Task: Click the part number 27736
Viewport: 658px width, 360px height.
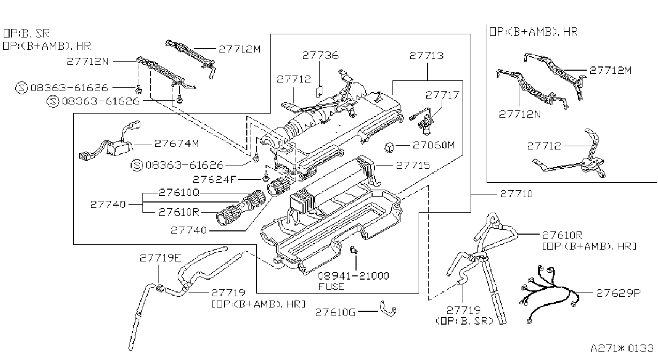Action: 321,55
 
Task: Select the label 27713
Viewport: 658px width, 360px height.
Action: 427,56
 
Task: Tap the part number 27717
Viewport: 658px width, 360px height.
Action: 442,95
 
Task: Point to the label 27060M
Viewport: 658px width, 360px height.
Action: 434,145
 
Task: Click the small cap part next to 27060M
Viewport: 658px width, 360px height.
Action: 389,147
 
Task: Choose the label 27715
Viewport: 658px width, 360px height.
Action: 413,165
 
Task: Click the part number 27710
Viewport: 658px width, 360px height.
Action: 517,194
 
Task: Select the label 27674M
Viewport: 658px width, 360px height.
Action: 177,144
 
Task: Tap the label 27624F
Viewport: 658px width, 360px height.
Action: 215,179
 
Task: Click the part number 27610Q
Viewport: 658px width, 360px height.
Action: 179,193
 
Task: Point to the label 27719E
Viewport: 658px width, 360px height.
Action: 161,258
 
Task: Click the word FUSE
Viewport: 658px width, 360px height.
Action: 331,287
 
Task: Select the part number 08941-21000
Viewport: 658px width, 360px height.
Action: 353,276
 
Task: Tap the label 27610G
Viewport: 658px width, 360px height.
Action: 336,312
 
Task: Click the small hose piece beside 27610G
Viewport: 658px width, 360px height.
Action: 388,309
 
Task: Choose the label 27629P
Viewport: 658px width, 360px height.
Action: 618,293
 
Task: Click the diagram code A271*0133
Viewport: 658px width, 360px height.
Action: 622,348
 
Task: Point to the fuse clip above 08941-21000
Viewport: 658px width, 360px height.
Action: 354,250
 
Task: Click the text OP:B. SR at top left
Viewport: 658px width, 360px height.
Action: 26,33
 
